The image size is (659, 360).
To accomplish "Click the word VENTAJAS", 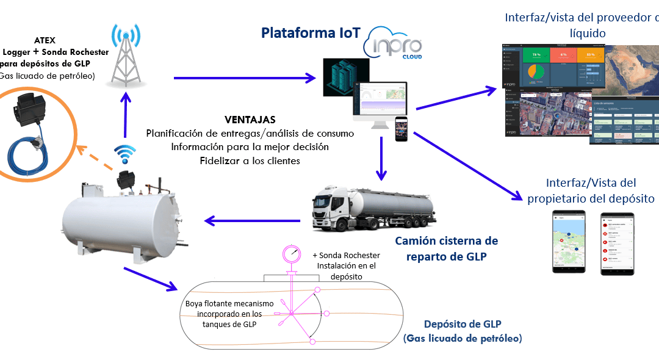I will click(x=250, y=120).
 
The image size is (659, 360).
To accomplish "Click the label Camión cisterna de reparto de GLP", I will click(x=446, y=248).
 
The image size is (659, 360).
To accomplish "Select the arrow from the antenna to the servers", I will click(x=244, y=77).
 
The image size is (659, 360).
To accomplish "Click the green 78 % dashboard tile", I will click(x=535, y=54).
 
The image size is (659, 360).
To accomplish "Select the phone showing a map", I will click(x=569, y=242).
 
